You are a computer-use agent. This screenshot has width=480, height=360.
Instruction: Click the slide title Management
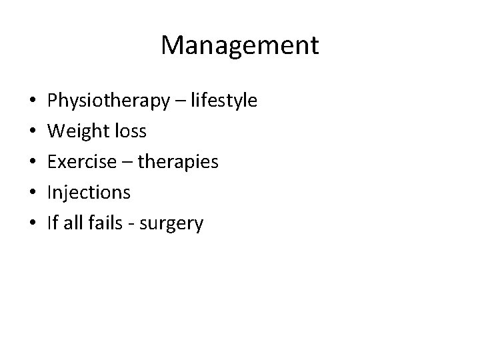point(240,45)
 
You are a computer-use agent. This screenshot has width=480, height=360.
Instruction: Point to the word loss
point(129,131)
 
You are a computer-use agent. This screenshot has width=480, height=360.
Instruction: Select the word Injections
point(89,193)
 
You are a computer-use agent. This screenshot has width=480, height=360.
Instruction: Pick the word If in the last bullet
point(53,223)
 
